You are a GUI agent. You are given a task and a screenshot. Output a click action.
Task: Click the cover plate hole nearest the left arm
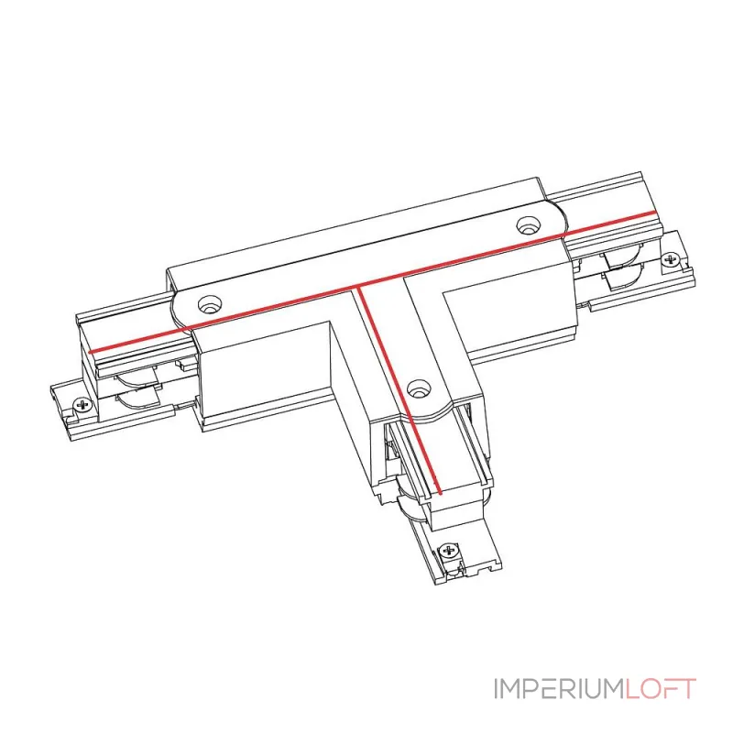[x=210, y=305]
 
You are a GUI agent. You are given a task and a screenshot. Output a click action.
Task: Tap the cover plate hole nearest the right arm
[x=528, y=225]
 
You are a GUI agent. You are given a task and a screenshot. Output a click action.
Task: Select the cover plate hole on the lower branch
[x=419, y=388]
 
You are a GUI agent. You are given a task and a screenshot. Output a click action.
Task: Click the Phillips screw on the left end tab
[x=83, y=404]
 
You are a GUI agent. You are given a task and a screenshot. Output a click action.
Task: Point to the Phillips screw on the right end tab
[x=671, y=259]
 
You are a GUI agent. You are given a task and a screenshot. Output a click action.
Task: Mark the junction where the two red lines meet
[x=358, y=287]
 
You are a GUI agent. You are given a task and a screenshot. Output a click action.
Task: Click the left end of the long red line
[x=90, y=352]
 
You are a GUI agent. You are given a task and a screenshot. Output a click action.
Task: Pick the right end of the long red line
[x=654, y=213]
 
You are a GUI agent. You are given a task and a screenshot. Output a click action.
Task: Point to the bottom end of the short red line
[x=440, y=492]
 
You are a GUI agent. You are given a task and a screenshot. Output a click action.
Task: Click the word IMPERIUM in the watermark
[x=558, y=688]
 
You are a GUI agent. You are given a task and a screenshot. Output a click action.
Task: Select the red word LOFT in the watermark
[x=660, y=688]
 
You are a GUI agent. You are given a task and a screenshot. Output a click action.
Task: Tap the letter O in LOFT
[x=651, y=688]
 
